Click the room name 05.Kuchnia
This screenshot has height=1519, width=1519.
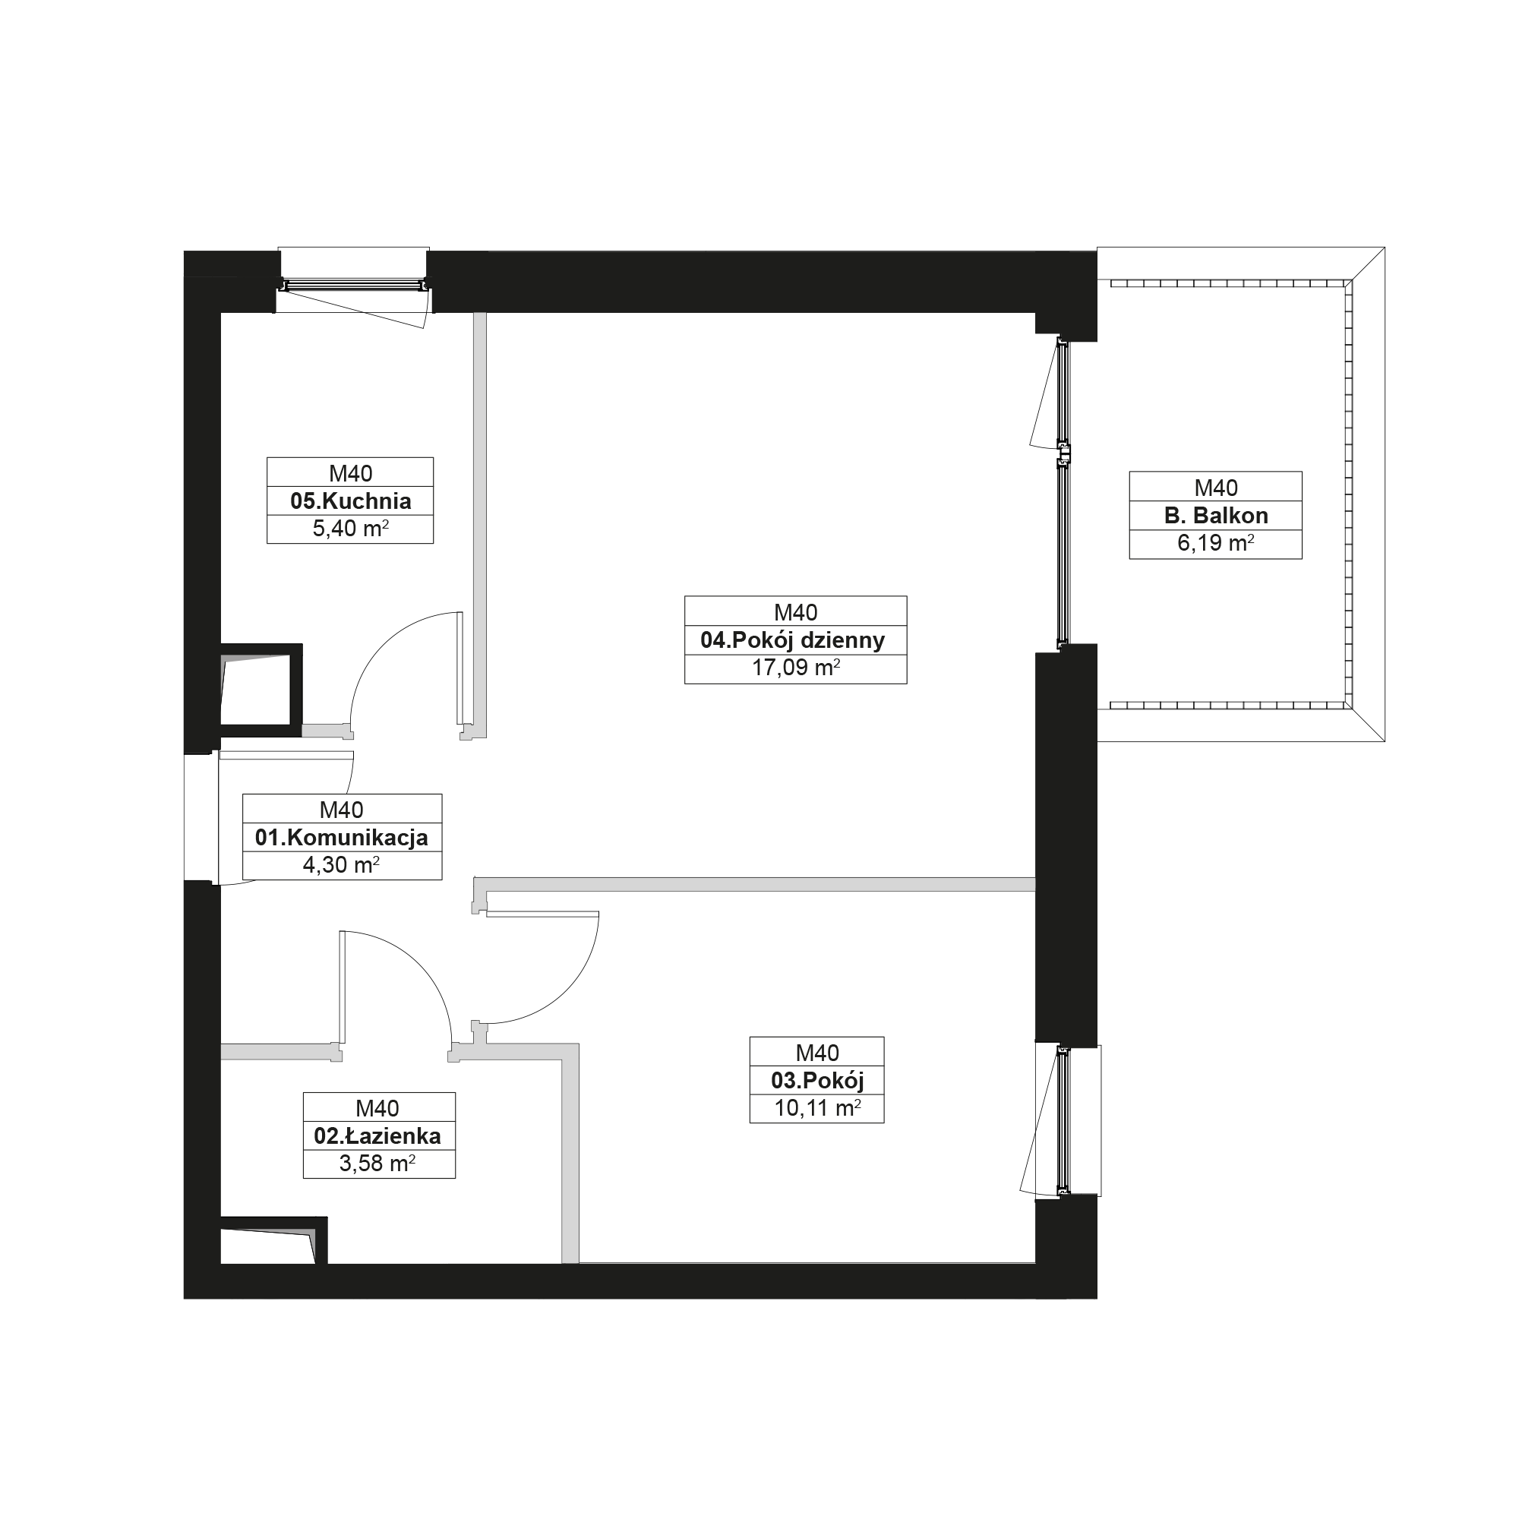[351, 501]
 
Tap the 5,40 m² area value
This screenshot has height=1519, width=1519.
[351, 529]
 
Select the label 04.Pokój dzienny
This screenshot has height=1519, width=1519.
[792, 640]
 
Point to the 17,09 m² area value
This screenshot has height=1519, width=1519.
[796, 668]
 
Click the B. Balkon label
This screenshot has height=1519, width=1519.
[1216, 516]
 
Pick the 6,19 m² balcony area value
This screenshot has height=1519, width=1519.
[1215, 543]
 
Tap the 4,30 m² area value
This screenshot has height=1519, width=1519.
[341, 865]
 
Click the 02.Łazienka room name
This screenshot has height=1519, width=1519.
[377, 1135]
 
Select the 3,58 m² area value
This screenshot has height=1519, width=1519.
[377, 1163]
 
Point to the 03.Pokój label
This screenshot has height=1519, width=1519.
[818, 1080]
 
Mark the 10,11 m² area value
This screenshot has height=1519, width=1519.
[818, 1108]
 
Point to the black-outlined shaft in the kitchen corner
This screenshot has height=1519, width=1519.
[261, 690]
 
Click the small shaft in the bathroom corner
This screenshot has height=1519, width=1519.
[273, 1241]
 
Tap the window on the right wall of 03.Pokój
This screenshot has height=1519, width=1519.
[1063, 1120]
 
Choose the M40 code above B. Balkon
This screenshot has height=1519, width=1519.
[1215, 488]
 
